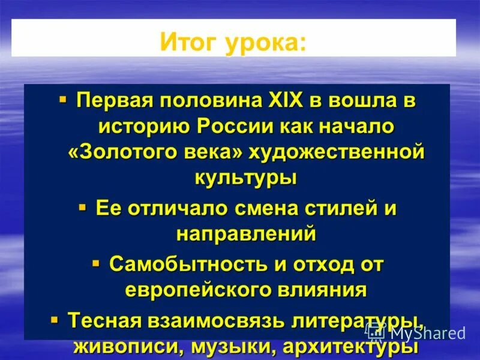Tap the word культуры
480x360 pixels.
tap(245, 178)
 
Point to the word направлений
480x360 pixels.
tap(245, 234)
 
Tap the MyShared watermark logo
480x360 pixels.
tap(415, 332)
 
